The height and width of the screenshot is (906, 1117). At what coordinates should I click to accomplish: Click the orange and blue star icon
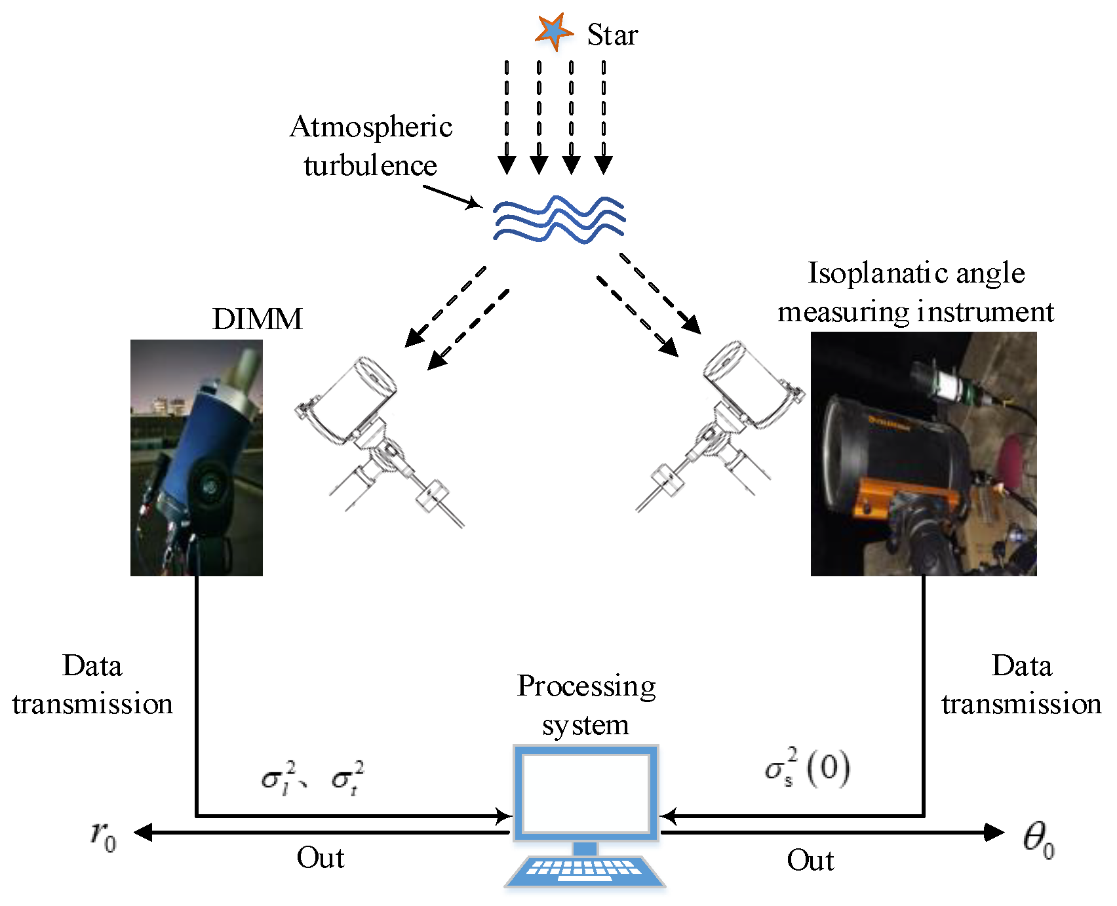[x=553, y=31]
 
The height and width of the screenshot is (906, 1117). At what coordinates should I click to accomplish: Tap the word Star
[x=612, y=35]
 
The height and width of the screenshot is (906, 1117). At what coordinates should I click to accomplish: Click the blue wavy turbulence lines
[x=558, y=219]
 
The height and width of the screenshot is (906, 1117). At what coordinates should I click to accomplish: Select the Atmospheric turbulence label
[x=371, y=146]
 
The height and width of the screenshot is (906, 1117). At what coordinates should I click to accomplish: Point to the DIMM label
[x=257, y=319]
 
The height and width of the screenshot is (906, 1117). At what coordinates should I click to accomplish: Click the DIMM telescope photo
[x=197, y=458]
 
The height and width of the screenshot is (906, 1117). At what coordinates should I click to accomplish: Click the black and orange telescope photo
[x=923, y=454]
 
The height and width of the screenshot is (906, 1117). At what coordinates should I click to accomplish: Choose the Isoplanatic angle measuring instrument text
[x=916, y=292]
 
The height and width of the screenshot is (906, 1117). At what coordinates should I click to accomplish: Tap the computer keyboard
[x=585, y=869]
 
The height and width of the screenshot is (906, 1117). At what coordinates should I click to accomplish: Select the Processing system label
[x=586, y=705]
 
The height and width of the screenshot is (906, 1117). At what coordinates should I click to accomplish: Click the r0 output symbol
[x=104, y=835]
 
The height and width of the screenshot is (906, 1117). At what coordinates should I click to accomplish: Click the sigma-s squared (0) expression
[x=807, y=768]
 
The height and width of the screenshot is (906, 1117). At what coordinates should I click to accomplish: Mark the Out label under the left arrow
[x=320, y=857]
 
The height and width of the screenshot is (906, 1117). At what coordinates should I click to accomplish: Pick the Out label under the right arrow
[x=810, y=860]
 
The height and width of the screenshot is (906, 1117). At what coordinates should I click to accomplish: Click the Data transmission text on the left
[x=92, y=684]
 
